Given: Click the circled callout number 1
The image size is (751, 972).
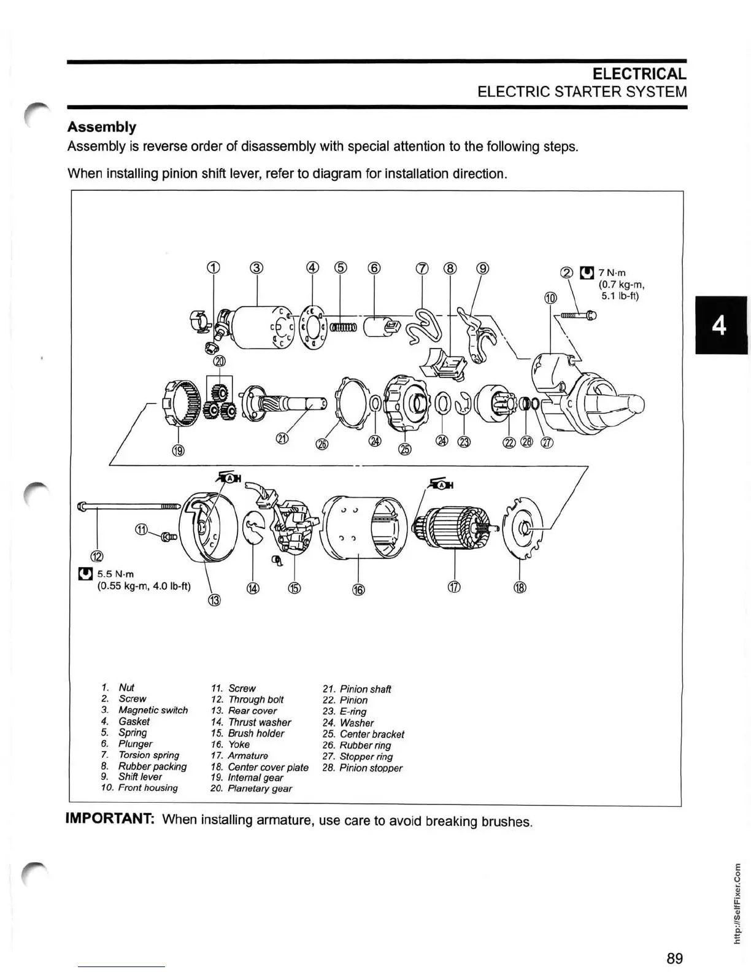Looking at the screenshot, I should (213, 267).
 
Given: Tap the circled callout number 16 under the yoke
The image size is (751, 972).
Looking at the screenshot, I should (358, 589).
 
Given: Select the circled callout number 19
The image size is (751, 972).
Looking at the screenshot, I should (178, 451).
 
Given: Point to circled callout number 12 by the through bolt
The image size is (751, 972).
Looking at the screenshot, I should (98, 557).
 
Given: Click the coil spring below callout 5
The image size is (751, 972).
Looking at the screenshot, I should (342, 327).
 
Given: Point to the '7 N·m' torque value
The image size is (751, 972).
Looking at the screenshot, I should (612, 272).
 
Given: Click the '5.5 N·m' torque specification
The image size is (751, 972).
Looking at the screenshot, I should (115, 574).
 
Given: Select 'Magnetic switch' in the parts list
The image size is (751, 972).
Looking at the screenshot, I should (153, 710).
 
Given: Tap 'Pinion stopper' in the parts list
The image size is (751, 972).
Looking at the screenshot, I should (371, 768).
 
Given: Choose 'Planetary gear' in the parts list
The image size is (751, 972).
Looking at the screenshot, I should (260, 789).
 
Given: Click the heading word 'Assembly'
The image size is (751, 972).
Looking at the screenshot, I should (102, 127).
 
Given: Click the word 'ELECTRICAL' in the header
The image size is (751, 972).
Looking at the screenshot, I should (639, 74).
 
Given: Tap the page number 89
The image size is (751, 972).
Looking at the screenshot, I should (674, 958).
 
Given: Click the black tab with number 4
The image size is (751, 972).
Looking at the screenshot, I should (720, 325).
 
